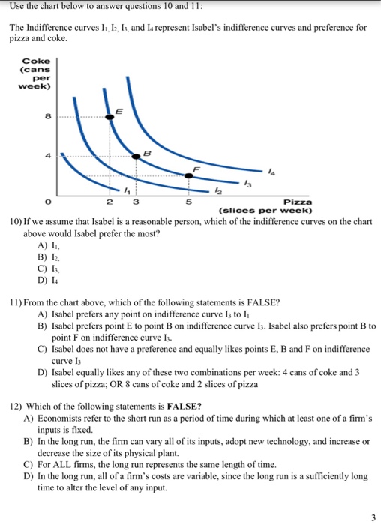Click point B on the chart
(133, 157)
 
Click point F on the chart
(187, 176)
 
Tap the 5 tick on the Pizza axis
(188, 202)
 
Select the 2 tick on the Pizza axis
(110, 202)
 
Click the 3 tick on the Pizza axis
(133, 202)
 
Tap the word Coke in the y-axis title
(36, 61)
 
